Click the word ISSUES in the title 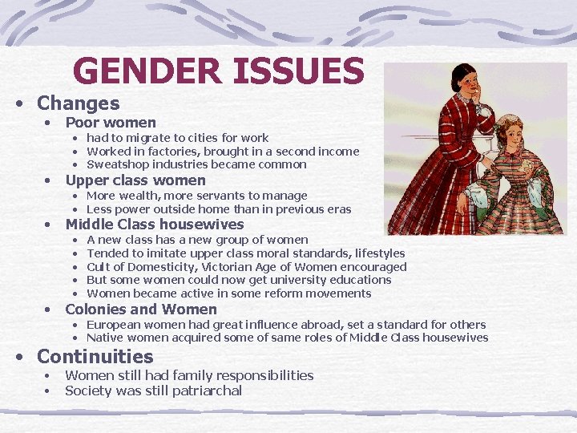(x=298, y=71)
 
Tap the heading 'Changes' (x=78, y=103)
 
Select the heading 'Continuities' (x=95, y=357)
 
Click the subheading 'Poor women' (x=111, y=123)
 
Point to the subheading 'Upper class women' (x=135, y=180)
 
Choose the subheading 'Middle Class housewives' (x=154, y=225)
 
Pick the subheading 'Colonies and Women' (x=141, y=310)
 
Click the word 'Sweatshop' (x=117, y=164)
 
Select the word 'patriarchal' (x=206, y=391)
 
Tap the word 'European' (x=115, y=325)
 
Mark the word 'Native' (x=105, y=338)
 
